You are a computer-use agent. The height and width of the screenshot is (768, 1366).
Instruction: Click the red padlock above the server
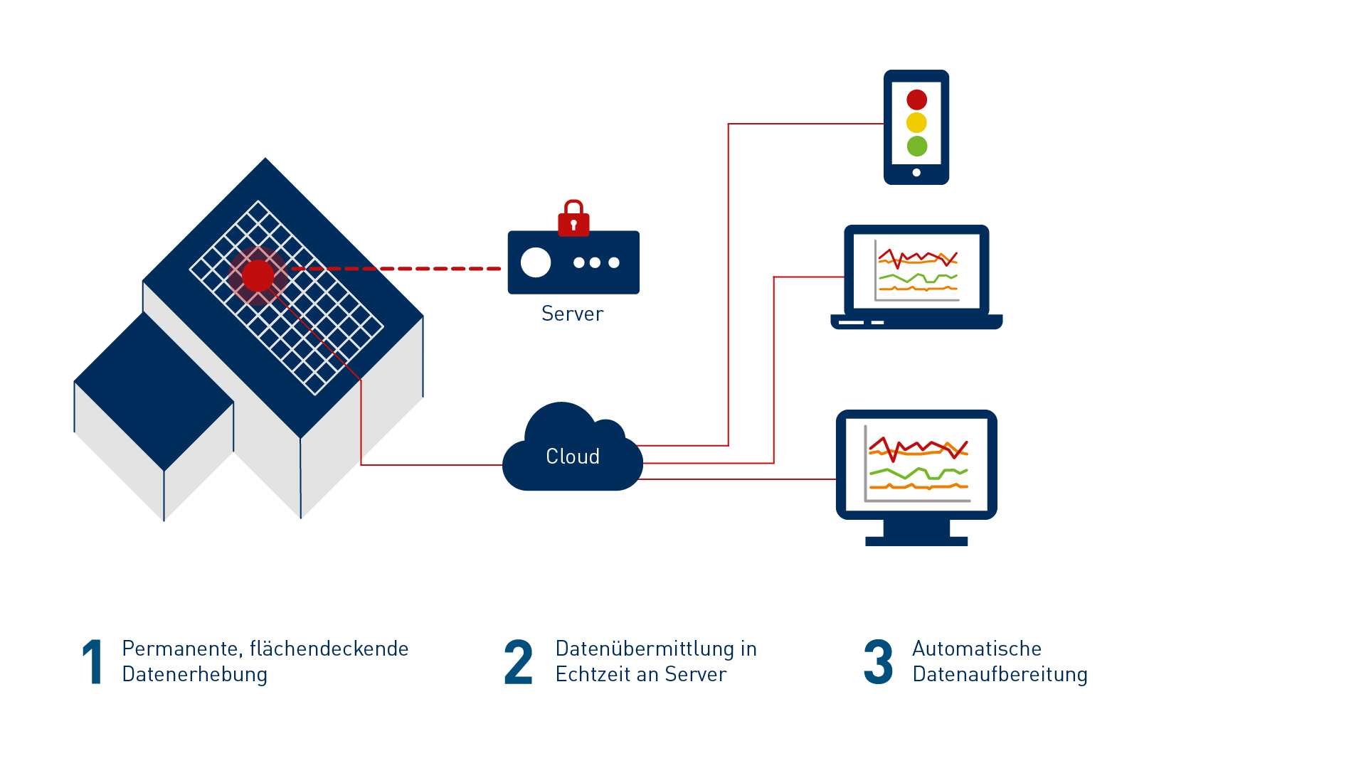[573, 219]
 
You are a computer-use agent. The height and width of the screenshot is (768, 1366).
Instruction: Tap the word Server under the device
[572, 314]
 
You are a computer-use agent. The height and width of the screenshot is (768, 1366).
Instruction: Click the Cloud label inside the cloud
[573, 457]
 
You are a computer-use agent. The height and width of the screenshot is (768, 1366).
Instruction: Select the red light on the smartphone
[917, 100]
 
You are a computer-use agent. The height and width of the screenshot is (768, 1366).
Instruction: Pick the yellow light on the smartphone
[917, 123]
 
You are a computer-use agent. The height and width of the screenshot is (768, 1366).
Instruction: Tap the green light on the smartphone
[917, 146]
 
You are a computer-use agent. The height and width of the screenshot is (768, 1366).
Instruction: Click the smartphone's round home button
[916, 172]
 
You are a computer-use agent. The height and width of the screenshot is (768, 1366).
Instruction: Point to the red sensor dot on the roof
[258, 276]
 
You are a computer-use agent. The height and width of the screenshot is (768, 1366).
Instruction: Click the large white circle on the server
[536, 262]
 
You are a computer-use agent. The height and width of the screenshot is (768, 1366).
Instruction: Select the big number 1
[92, 662]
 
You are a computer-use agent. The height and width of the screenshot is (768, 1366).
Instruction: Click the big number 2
[518, 662]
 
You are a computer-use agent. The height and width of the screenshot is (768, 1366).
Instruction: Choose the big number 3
[879, 662]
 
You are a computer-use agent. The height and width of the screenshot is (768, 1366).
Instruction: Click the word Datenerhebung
[194, 674]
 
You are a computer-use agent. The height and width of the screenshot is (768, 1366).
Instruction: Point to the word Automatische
[977, 649]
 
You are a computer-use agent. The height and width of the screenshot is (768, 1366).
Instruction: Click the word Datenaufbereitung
[1000, 674]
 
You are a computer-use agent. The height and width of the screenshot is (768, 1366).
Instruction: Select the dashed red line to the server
[398, 269]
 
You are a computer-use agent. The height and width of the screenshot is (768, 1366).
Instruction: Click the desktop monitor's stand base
[916, 541]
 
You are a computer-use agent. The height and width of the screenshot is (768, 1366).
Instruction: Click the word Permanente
[180, 649]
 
